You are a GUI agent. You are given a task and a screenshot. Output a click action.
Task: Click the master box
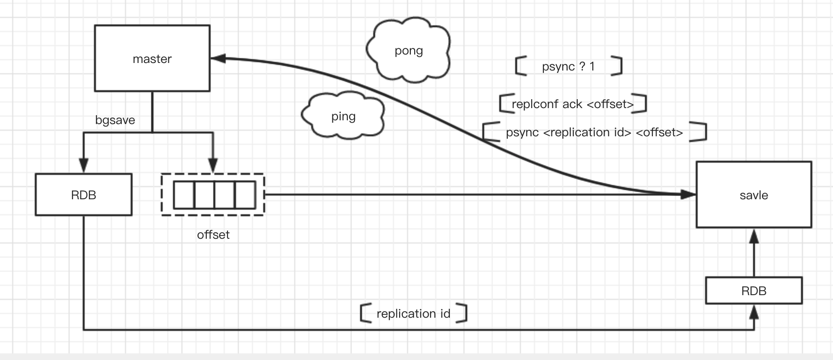(152, 58)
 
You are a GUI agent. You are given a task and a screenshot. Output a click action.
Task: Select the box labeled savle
(754, 195)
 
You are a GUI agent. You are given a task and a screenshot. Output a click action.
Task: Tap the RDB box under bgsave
(84, 195)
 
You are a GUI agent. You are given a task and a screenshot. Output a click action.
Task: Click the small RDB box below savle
(754, 290)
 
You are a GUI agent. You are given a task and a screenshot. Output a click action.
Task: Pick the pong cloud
(409, 50)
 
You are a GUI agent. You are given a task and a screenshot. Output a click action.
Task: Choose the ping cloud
(343, 116)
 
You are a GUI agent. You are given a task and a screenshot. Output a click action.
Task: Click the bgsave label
(115, 120)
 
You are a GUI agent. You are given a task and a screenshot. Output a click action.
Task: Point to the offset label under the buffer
(213, 235)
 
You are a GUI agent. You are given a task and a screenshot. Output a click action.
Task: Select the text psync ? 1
(568, 66)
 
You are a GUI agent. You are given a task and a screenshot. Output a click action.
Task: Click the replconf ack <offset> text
(573, 104)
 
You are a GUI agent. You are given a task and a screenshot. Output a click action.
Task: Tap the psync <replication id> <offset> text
(594, 132)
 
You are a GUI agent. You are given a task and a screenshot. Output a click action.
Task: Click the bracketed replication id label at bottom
(413, 313)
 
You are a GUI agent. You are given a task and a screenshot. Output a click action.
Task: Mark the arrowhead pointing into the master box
(218, 58)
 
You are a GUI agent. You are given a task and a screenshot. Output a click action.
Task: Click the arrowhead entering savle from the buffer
(689, 194)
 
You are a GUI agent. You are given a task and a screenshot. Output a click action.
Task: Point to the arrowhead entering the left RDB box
(84, 166)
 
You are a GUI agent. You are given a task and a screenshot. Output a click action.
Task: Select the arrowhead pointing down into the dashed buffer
(213, 166)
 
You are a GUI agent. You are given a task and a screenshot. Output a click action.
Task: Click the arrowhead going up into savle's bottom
(754, 235)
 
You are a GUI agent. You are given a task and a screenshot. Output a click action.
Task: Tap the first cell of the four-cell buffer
(184, 195)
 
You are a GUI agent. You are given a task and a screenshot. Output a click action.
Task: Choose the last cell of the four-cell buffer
(245, 195)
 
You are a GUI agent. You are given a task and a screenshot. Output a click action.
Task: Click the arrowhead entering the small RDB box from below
(754, 312)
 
